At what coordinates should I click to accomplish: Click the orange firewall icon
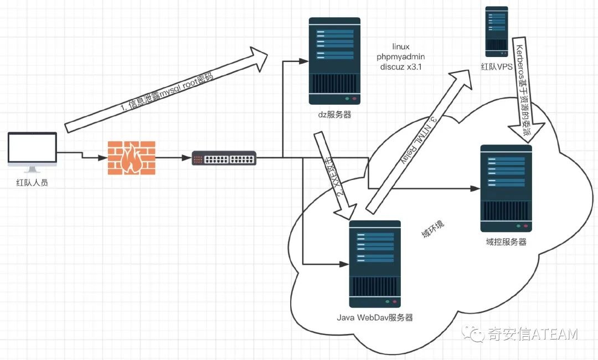tap(131, 158)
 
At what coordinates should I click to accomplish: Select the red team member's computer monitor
tap(33, 150)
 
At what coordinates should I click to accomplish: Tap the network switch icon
tap(224, 158)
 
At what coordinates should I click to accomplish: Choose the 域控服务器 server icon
tap(506, 188)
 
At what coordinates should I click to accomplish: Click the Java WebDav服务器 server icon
tap(375, 264)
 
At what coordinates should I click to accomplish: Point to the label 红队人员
tap(32, 182)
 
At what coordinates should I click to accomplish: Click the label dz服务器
tap(334, 115)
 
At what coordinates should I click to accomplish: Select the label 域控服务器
tap(506, 242)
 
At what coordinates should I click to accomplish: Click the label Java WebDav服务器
tap(375, 318)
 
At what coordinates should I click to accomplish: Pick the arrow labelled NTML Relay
tap(421, 141)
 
